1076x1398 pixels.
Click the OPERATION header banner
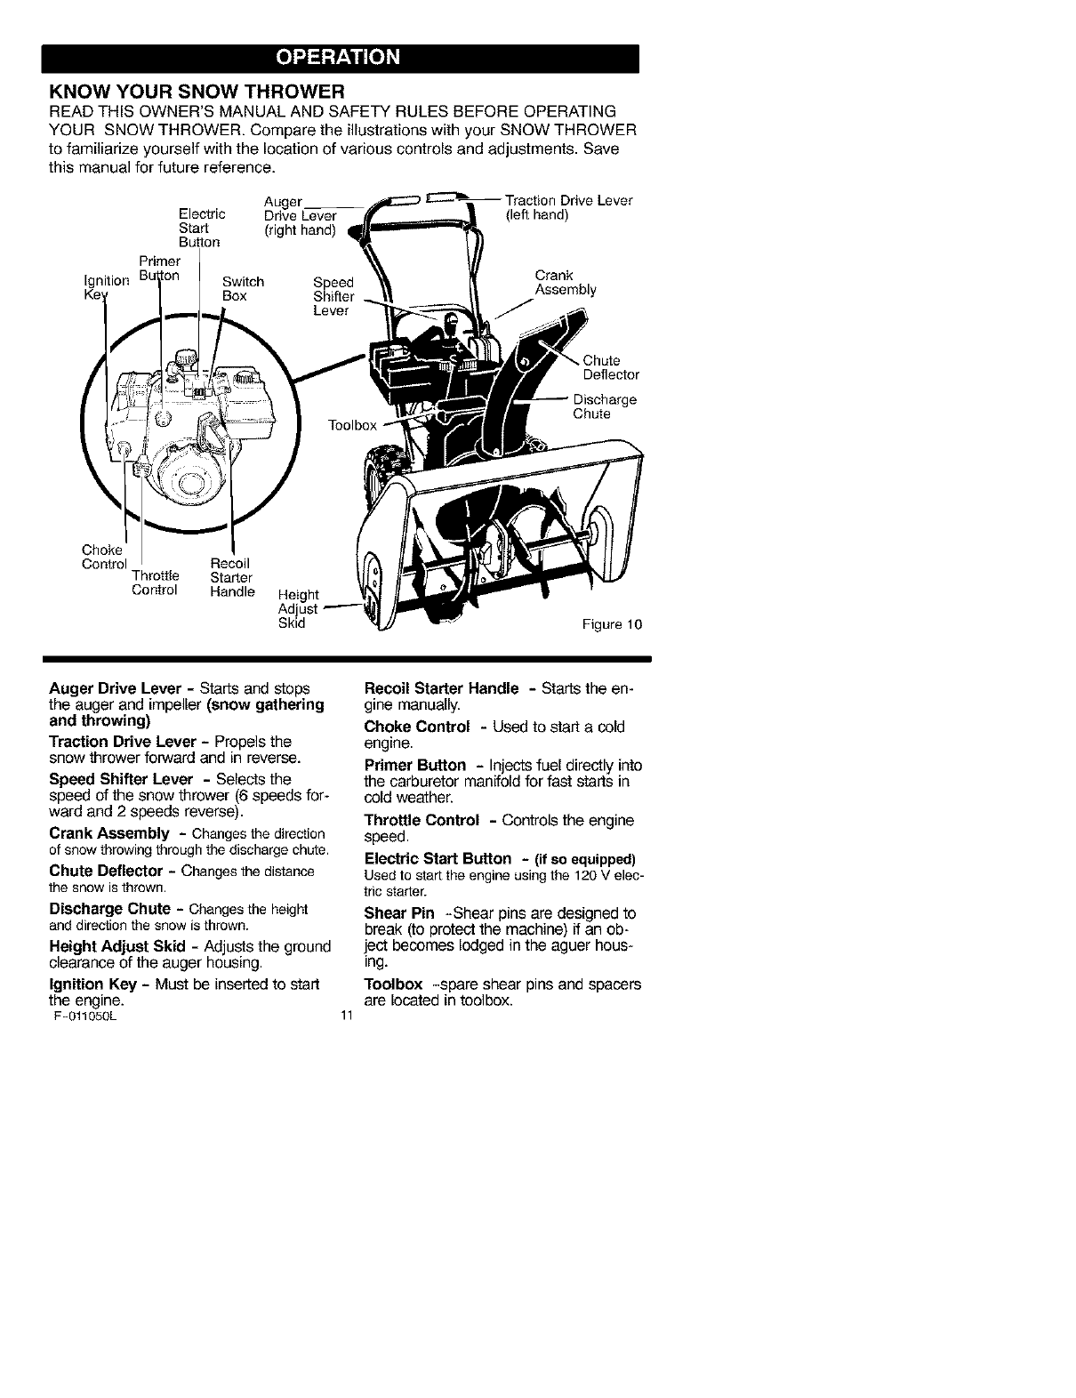pyautogui.click(x=341, y=58)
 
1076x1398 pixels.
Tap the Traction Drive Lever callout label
pyautogui.click(x=567, y=207)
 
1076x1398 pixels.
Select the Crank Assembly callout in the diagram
pyautogui.click(x=565, y=282)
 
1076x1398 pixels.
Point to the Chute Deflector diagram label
pyautogui.click(x=610, y=367)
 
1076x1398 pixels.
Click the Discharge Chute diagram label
pyautogui.click(x=605, y=406)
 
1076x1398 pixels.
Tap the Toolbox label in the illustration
pyautogui.click(x=354, y=426)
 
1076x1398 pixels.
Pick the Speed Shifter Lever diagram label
pyautogui.click(x=333, y=297)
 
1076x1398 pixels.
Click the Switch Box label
pyautogui.click(x=243, y=288)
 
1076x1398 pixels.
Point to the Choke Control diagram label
pyautogui.click(x=104, y=557)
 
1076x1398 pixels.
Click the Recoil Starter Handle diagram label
pyautogui.click(x=231, y=577)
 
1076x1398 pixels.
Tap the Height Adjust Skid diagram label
pyautogui.click(x=298, y=608)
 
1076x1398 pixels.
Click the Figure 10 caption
pyautogui.click(x=612, y=624)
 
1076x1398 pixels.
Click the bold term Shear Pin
pyautogui.click(x=399, y=913)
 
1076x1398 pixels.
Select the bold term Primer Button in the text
pyautogui.click(x=415, y=765)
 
